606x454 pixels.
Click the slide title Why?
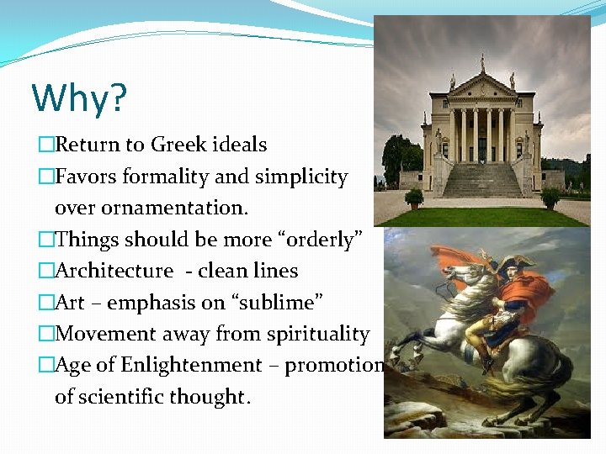tap(79, 98)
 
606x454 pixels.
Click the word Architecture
tap(114, 271)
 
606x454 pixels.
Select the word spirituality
tap(318, 335)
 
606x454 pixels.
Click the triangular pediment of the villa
tap(482, 85)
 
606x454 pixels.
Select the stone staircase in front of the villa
tap(482, 181)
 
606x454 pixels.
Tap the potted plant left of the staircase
tap(414, 198)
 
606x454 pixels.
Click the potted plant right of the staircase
tap(550, 198)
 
